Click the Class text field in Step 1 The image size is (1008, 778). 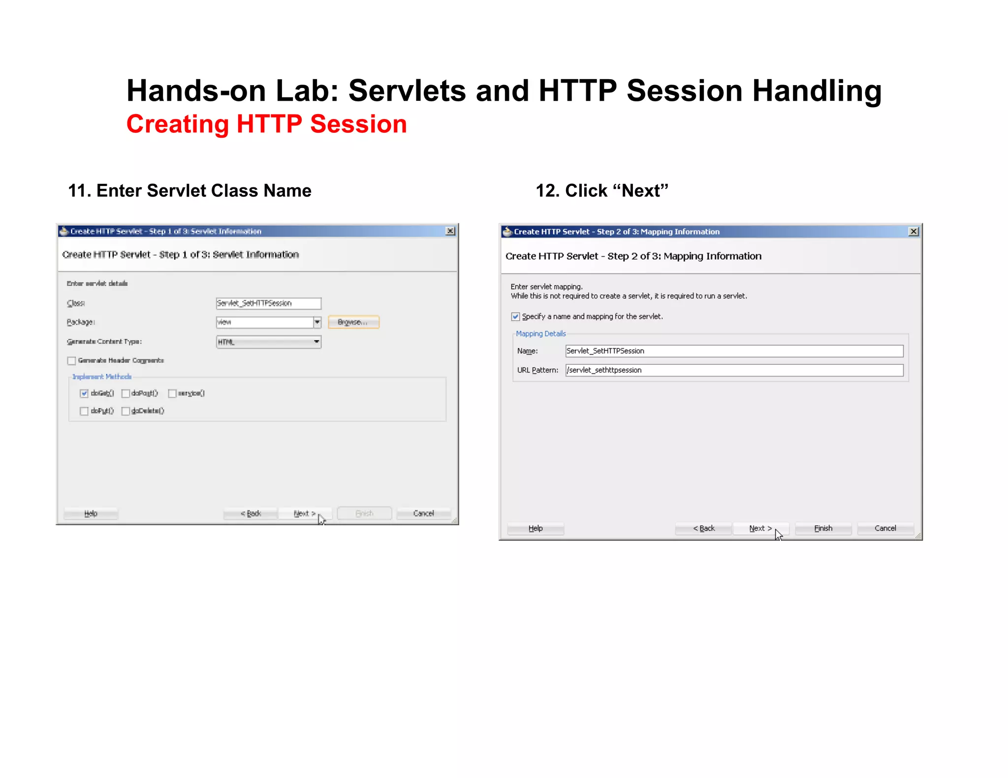click(x=268, y=303)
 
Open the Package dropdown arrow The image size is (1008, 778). click(x=317, y=322)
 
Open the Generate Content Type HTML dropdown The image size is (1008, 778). click(x=268, y=342)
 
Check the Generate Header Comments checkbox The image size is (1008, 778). click(x=72, y=361)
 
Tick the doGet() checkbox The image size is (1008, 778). click(x=84, y=393)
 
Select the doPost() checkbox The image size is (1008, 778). click(x=126, y=393)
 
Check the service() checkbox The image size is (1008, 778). click(x=172, y=393)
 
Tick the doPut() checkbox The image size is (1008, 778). click(x=84, y=411)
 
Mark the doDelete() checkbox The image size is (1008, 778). click(x=126, y=411)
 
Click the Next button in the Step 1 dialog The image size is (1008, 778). click(x=304, y=513)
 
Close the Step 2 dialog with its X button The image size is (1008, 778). click(x=913, y=232)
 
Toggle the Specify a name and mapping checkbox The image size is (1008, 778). click(x=515, y=317)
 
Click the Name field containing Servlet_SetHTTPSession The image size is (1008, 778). click(x=734, y=351)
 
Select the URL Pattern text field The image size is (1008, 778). click(x=734, y=370)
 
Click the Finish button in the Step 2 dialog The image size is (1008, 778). click(x=823, y=528)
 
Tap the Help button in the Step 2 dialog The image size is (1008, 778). click(x=535, y=528)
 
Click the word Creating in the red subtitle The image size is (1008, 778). click(x=178, y=124)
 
